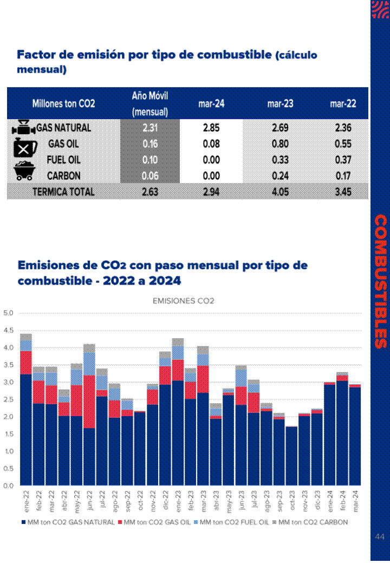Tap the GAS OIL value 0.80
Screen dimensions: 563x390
point(280,144)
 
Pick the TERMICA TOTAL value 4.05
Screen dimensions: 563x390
point(280,191)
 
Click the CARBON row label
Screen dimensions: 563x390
point(63,176)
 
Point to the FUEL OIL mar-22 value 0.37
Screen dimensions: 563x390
point(343,160)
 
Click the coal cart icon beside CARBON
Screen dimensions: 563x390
point(24,172)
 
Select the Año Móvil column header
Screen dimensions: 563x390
point(150,103)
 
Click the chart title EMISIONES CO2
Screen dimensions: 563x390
point(184,301)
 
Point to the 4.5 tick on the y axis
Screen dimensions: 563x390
point(8,330)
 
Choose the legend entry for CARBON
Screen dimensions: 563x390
point(312,522)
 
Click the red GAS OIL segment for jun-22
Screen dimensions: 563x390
point(89,401)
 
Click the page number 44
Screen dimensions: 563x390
point(379,536)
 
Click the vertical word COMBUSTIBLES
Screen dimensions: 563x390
point(381,281)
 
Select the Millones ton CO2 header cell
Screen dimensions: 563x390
point(63,103)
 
